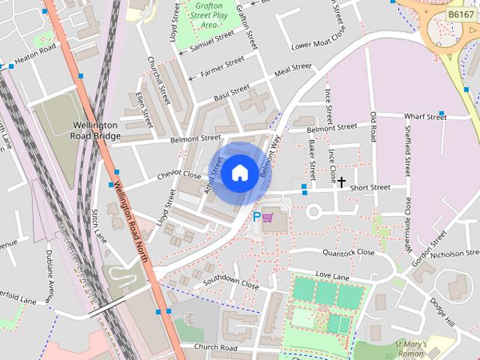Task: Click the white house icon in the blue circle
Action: point(239,172)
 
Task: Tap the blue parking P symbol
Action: point(256,217)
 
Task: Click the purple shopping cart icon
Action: point(268,217)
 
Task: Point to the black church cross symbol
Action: point(342,181)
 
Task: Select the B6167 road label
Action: point(460,13)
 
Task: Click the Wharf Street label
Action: point(424,118)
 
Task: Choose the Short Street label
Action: point(370,187)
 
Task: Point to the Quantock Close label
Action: point(348,253)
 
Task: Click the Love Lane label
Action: point(332,277)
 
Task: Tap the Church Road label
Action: point(215,348)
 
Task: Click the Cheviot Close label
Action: point(178,176)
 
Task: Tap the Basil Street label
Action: point(231,93)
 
